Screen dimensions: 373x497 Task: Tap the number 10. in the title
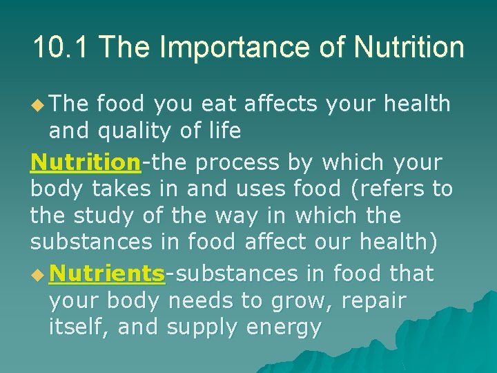(x=50, y=48)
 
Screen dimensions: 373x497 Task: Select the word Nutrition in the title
(x=409, y=48)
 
